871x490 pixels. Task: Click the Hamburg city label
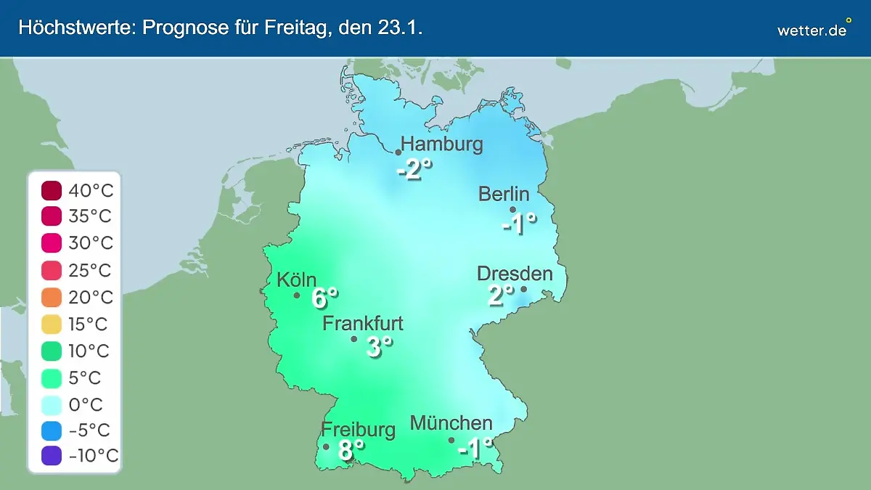coord(441,144)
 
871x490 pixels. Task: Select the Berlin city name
coord(504,194)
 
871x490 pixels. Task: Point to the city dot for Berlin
coord(512,210)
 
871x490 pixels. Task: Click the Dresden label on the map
coord(515,274)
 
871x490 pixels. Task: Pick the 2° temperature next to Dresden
coord(500,295)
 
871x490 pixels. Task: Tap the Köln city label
coord(296,279)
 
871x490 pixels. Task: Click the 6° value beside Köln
coord(324,298)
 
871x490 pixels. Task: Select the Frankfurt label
coord(363,323)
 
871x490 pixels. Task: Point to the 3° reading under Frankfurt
coord(379,347)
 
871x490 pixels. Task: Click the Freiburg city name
coord(359,430)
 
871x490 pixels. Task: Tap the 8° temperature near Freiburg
coord(351,451)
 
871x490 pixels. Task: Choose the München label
coord(451,423)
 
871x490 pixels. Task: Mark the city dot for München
coord(451,440)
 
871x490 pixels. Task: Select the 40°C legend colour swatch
coord(52,191)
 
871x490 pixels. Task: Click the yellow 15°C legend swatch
coord(52,324)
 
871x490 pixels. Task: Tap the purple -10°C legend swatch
coord(52,457)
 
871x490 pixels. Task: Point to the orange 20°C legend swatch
coord(52,298)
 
